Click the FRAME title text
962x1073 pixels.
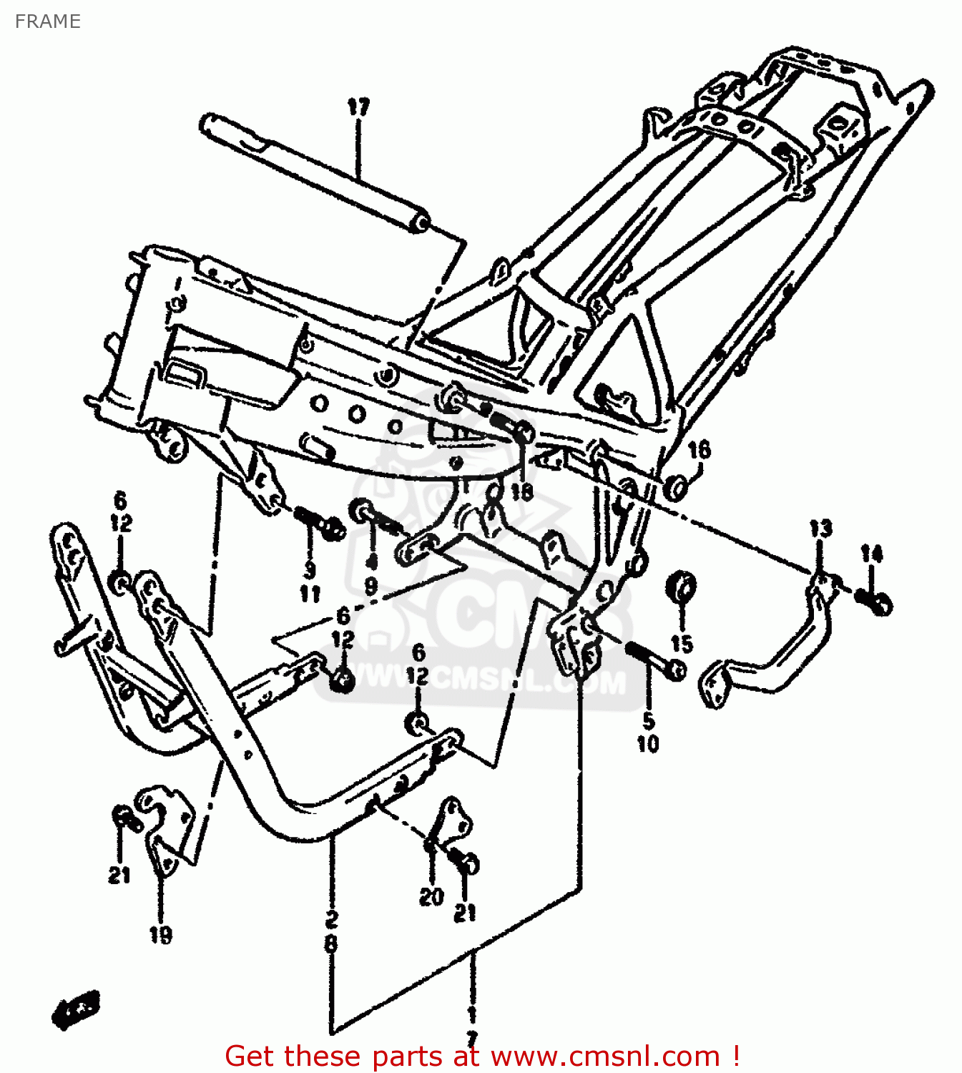47,21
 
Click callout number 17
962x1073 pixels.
358,107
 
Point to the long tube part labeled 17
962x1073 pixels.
315,172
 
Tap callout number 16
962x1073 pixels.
699,450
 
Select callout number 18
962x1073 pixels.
521,491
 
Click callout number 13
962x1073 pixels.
820,529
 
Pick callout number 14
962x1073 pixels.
871,554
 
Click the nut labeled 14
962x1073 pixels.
876,603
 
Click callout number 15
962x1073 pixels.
682,644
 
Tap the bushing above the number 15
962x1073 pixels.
682,589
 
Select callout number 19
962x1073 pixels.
161,934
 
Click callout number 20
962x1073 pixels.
431,896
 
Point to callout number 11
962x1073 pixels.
310,594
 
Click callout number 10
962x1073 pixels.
648,744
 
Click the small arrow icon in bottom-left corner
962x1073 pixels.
75,1009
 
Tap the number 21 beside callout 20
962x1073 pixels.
465,913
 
